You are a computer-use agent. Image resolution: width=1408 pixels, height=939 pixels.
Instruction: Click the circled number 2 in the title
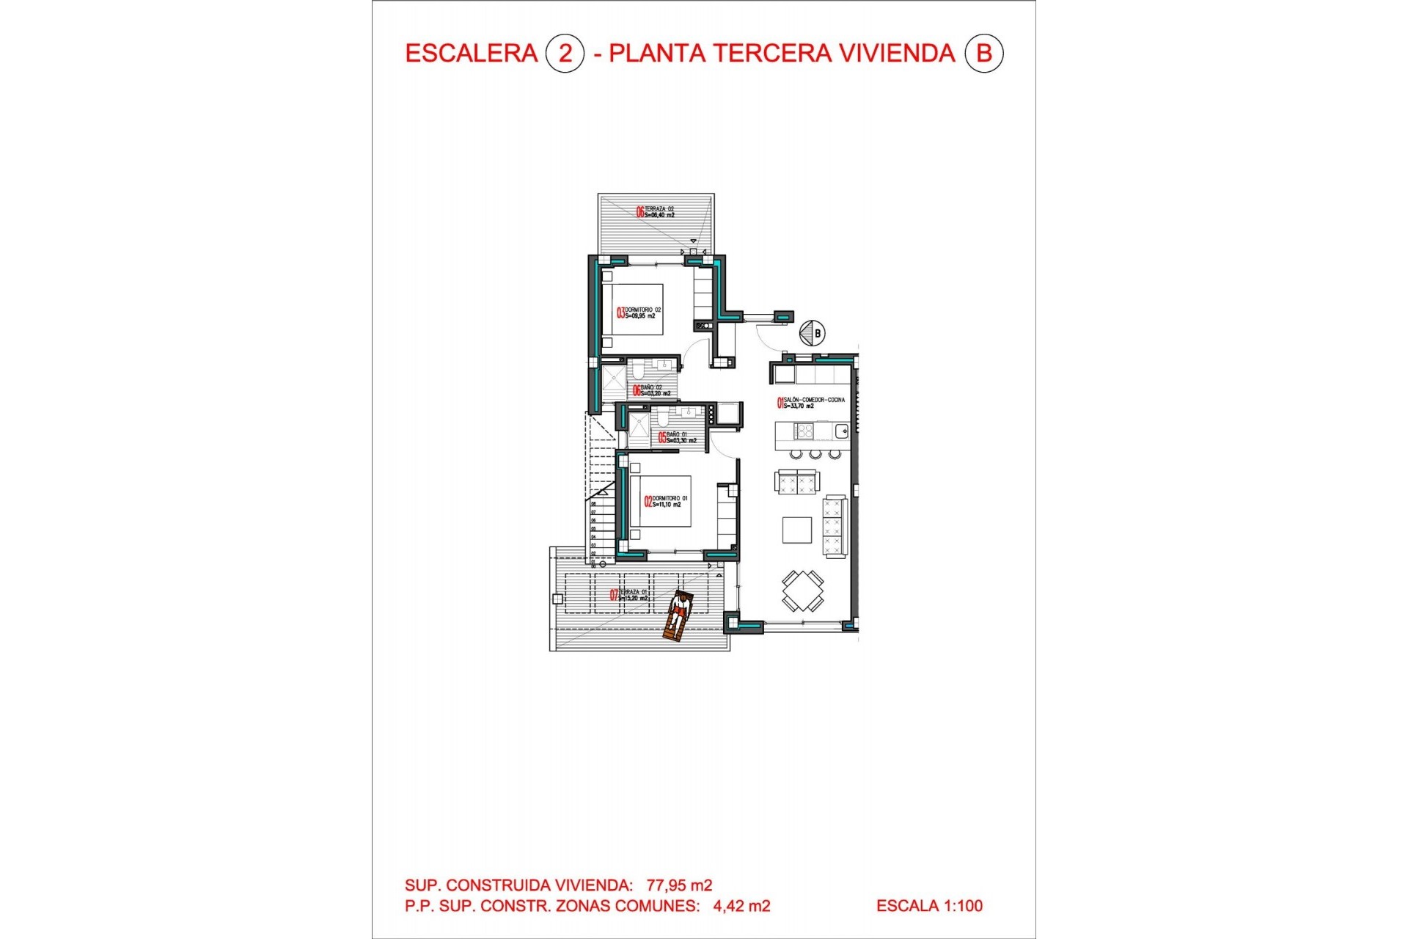(x=565, y=54)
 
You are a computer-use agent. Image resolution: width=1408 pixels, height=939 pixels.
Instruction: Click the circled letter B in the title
(x=983, y=54)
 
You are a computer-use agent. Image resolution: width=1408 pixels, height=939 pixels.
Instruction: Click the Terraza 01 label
(x=630, y=595)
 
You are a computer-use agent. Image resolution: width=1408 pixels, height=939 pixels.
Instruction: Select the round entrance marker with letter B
(x=812, y=333)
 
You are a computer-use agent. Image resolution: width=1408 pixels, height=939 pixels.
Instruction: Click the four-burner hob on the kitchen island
(x=804, y=431)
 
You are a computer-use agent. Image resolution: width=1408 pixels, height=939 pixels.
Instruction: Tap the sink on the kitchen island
(x=841, y=431)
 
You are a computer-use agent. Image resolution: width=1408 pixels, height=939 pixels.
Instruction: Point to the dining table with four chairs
(x=802, y=591)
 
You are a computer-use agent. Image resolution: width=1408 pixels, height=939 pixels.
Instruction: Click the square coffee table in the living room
(x=796, y=530)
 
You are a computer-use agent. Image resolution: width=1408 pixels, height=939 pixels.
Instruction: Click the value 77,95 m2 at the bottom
(x=679, y=885)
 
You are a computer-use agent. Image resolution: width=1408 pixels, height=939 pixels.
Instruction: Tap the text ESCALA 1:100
(x=929, y=906)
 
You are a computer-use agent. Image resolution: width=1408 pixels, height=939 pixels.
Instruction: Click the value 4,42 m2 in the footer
(x=741, y=906)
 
